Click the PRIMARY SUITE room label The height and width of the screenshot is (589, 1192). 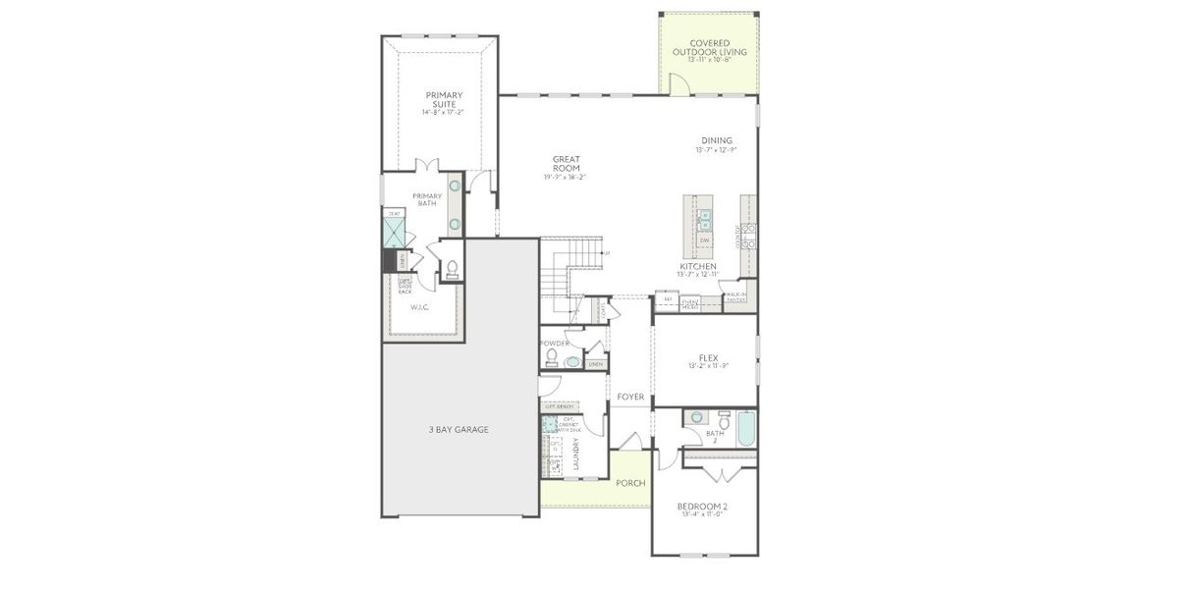(444, 99)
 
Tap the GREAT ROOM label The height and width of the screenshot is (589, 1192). (566, 163)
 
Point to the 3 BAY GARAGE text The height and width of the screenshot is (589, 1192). (458, 429)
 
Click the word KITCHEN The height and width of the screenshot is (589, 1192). (697, 267)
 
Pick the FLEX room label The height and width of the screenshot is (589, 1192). (708, 357)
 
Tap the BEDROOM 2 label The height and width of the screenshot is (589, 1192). (703, 507)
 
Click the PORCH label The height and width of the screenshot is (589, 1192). (629, 483)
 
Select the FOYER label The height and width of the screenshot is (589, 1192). (630, 397)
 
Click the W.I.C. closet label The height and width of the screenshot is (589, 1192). (421, 307)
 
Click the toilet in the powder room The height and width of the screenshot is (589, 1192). (552, 356)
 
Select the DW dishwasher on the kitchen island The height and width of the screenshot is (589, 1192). (704, 241)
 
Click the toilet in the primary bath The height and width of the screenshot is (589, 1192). (453, 269)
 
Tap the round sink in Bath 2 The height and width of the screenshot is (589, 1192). (697, 416)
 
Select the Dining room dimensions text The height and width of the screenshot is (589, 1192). (716, 150)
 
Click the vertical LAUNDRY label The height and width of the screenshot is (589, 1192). (575, 453)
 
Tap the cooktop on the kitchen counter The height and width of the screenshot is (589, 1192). (748, 235)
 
